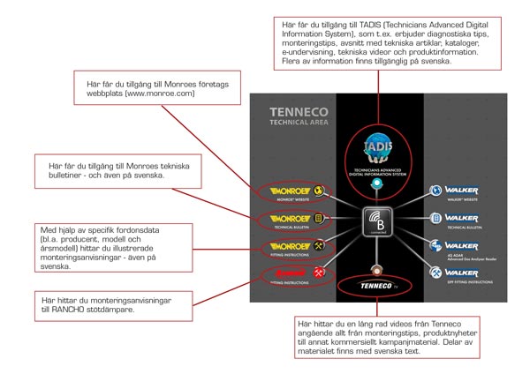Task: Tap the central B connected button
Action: pos(378,220)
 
